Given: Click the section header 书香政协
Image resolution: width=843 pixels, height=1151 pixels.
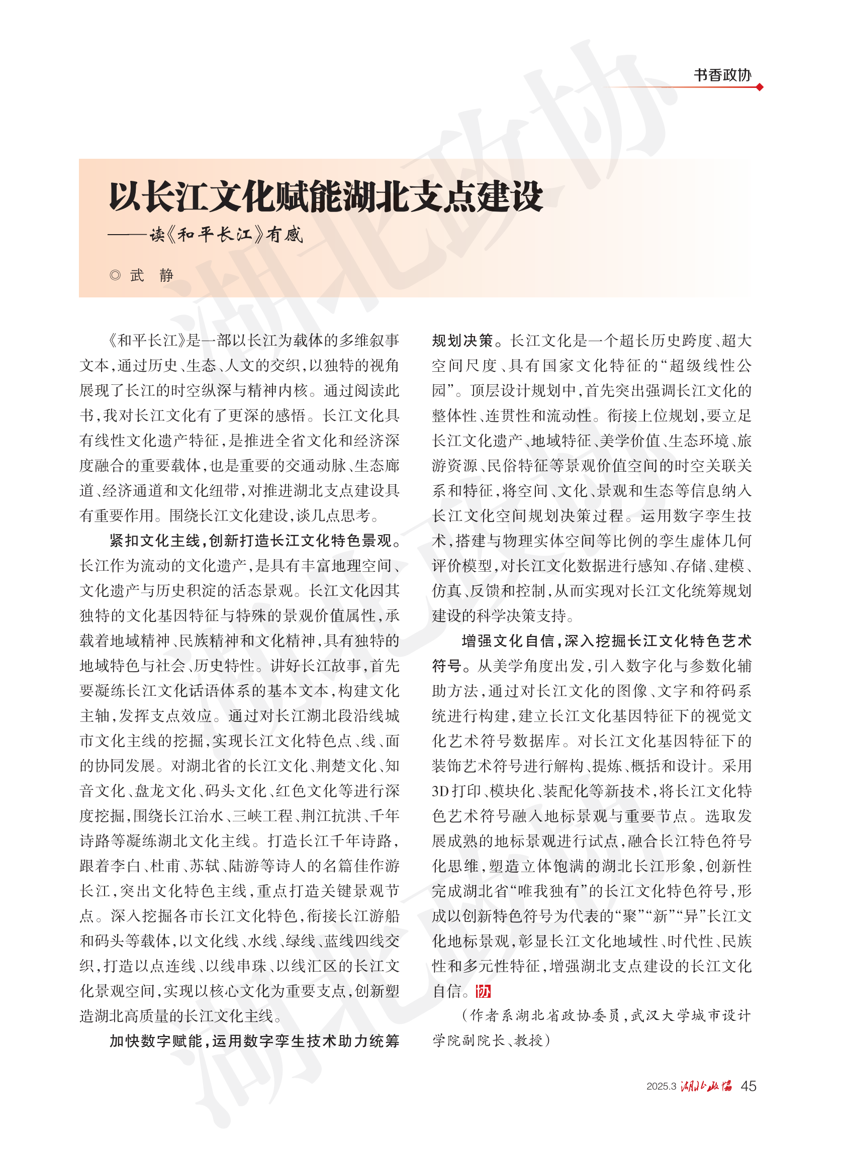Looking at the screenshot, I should point(722,75).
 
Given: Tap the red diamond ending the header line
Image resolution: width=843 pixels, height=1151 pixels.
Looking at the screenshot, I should point(760,87).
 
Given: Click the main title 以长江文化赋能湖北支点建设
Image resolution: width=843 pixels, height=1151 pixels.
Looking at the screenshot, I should point(326,196).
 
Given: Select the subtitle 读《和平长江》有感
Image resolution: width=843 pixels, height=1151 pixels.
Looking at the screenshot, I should point(226,235).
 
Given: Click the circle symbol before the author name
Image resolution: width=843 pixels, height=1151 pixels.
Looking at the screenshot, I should point(115,275).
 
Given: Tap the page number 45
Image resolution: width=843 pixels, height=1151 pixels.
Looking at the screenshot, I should point(748,1086).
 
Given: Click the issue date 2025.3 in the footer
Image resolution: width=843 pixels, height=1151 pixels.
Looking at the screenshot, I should point(661,1086).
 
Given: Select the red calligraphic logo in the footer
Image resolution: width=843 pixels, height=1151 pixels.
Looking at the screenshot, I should point(706,1086).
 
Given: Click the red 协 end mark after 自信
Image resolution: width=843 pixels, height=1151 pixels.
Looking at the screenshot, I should point(483,991).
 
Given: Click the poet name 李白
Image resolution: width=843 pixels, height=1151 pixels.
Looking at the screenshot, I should point(126,866).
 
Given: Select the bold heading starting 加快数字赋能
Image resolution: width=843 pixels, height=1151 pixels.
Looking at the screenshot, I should point(254,1040).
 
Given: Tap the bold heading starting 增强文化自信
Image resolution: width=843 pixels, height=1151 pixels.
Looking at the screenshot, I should point(606,641).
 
